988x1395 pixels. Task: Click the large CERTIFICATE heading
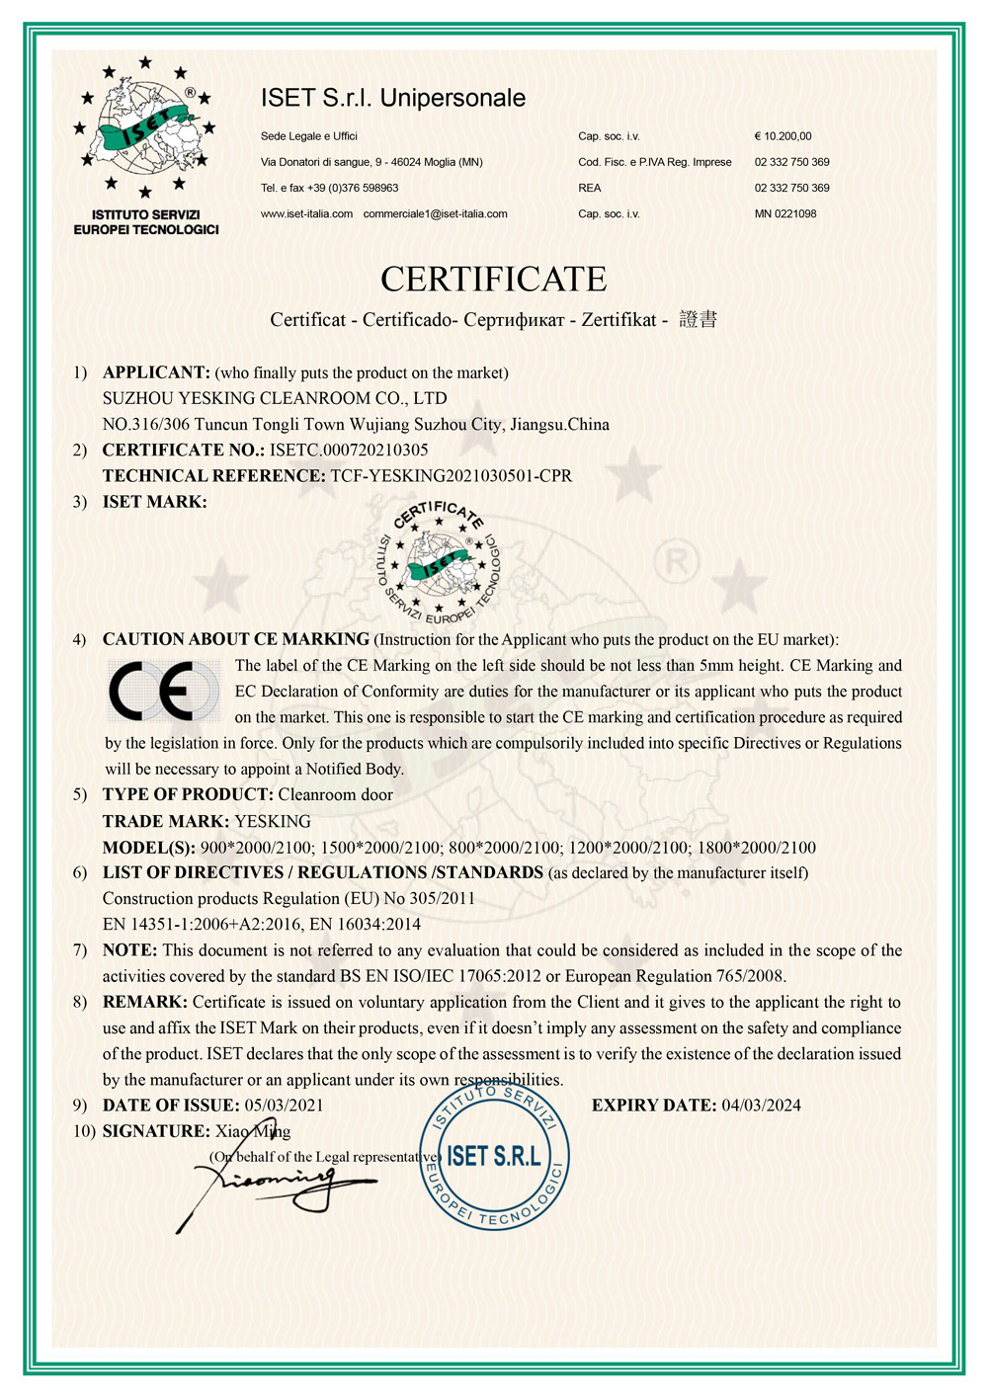tap(493, 280)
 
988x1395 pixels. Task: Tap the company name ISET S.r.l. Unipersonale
tap(393, 98)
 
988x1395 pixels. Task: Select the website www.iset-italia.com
tap(306, 213)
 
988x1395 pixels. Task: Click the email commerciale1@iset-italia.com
tap(435, 213)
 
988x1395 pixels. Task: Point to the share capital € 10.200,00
tap(782, 136)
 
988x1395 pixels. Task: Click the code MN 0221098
tap(785, 213)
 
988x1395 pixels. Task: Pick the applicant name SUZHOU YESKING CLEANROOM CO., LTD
tap(275, 398)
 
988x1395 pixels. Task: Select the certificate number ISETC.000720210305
tap(349, 450)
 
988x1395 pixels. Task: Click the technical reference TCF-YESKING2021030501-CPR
tap(451, 475)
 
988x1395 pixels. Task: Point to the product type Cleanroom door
tap(335, 794)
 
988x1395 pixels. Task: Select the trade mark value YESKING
tap(273, 821)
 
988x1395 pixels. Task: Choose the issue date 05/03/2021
tap(284, 1105)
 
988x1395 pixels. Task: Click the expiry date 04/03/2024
tap(761, 1105)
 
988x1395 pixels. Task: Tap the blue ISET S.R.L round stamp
tap(494, 1156)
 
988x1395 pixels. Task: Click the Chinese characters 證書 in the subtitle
tap(699, 319)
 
